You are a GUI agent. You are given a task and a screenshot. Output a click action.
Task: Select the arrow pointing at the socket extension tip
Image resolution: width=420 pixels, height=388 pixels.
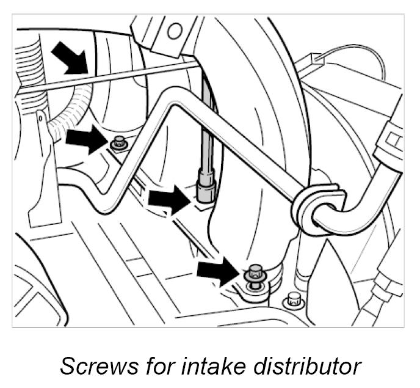168,199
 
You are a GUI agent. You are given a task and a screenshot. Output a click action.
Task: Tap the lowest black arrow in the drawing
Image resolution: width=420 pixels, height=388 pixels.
217,270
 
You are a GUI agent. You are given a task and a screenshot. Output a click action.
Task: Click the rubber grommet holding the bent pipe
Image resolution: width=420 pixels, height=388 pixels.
316,207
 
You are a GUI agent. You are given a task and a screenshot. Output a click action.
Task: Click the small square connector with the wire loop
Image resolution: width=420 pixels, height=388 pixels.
317,60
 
